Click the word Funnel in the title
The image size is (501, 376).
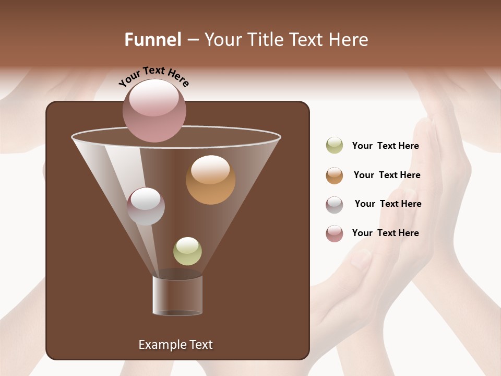[x=152, y=40]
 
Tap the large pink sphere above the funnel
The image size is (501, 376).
[x=154, y=111]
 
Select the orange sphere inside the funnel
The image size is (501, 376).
[x=210, y=180]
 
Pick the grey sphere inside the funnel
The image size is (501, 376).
[x=146, y=206]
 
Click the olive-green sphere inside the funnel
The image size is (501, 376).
[x=187, y=251]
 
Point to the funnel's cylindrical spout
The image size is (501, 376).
[x=177, y=295]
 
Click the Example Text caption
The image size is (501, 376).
[x=175, y=345]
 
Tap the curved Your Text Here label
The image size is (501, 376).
[x=154, y=77]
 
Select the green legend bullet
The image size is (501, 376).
[x=335, y=145]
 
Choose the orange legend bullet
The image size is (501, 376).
[x=335, y=175]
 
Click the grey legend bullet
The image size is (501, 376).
[x=335, y=205]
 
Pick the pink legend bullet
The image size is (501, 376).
[x=335, y=233]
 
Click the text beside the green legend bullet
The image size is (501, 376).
[x=385, y=146]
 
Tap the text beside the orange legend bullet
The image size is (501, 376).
[x=387, y=175]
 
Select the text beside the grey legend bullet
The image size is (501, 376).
[x=388, y=204]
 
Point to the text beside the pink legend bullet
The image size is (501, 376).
[x=385, y=233]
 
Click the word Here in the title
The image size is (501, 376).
[x=349, y=40]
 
